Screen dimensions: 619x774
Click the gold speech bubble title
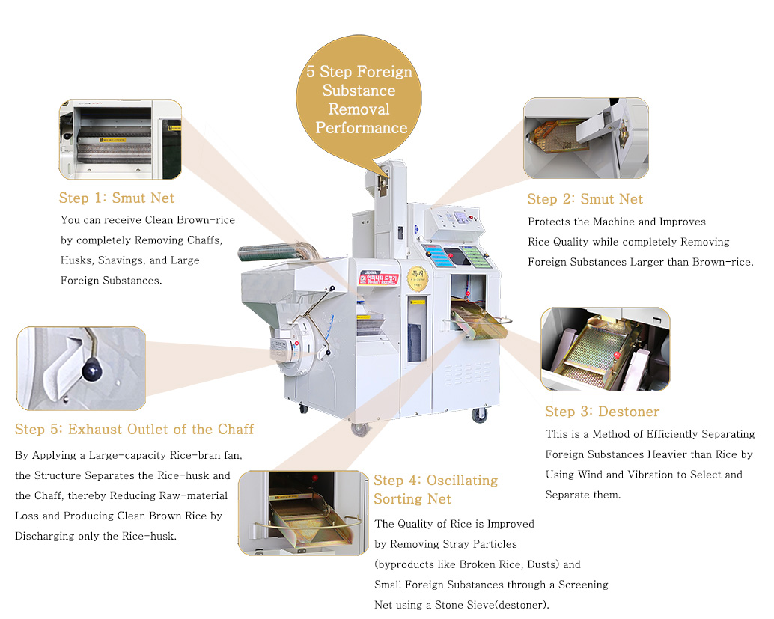pyautogui.click(x=359, y=100)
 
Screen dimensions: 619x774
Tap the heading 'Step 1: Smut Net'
pyautogui.click(x=117, y=198)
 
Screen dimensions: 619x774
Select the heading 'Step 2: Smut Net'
pyautogui.click(x=585, y=199)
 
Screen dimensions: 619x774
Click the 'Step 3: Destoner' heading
pyautogui.click(x=602, y=412)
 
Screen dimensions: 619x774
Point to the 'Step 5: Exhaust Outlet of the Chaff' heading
pyautogui.click(x=134, y=430)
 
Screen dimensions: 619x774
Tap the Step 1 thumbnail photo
pyautogui.click(x=121, y=140)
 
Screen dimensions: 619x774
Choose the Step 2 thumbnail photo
pyautogui.click(x=585, y=138)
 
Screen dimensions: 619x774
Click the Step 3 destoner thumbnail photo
pyautogui.click(x=605, y=349)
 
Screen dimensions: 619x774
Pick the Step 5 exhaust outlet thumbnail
pyautogui.click(x=81, y=368)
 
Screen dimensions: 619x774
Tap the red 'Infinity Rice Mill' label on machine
pyautogui.click(x=380, y=278)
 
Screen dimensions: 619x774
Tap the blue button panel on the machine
pyautogui.click(x=439, y=256)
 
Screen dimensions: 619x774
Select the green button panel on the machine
pyautogui.click(x=476, y=257)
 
